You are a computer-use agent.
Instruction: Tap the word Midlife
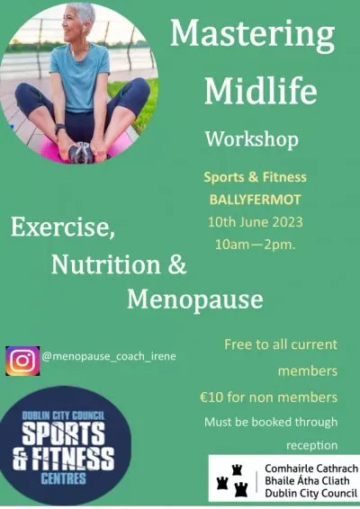pos(260,90)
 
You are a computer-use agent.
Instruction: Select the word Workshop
pos(252,140)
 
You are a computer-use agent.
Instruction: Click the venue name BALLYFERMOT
pos(255,200)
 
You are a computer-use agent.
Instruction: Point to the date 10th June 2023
pos(255,222)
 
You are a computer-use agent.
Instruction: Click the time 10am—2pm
pos(256,245)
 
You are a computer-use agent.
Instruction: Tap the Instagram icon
pos(22,361)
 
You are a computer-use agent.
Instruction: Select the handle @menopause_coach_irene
pos(109,356)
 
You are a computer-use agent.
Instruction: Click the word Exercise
pos(63,228)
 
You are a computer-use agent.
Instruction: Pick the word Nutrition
pos(106,264)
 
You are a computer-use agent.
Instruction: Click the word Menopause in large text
pos(195,299)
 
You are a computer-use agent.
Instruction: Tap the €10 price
pos(211,397)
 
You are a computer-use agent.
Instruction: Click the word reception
pos(312,445)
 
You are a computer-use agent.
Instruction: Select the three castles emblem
pos(232,480)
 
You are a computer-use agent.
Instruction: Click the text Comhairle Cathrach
pos(311,469)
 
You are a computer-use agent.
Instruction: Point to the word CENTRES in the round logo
pos(64,478)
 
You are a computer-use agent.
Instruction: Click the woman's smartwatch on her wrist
pos(59,127)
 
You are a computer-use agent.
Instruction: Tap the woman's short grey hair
pos(83,13)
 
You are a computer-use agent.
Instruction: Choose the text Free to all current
pos(281,344)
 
